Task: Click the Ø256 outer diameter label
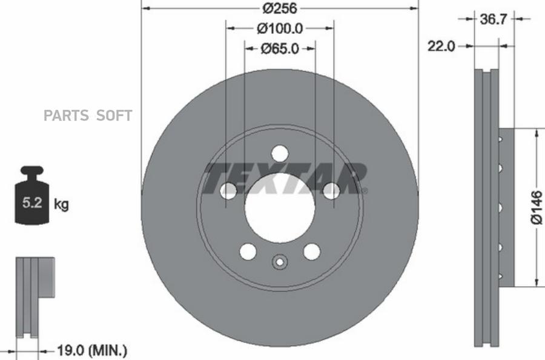coord(279,8)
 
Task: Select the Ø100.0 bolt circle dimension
coord(279,28)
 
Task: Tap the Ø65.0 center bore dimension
coord(279,48)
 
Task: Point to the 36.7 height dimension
coord(493,19)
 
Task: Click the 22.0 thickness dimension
coord(441,46)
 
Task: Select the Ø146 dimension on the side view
coord(537,207)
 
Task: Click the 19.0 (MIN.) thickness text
coord(91,350)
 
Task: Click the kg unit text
coord(61,204)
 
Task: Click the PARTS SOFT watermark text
coord(87,116)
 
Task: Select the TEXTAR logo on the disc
coord(285,179)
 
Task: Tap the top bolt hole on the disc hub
coord(280,153)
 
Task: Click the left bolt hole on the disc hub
coord(228,191)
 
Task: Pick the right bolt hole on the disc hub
coord(331,191)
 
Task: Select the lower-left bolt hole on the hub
coord(248,251)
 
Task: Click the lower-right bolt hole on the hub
coord(312,251)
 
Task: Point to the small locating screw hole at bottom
coord(280,262)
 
